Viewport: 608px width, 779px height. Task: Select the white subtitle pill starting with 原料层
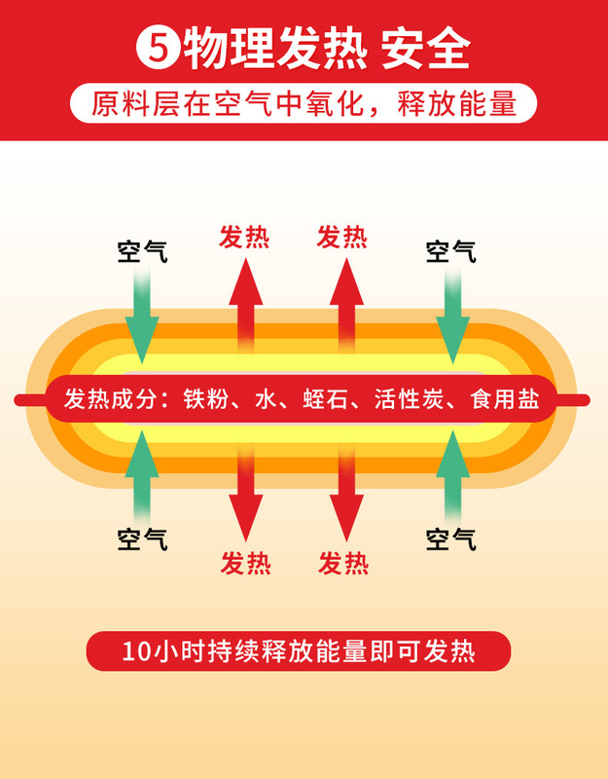(x=304, y=104)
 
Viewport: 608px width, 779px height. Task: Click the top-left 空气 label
(x=142, y=251)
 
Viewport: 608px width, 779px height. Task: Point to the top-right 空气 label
(x=451, y=251)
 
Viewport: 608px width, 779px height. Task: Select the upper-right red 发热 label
(x=342, y=238)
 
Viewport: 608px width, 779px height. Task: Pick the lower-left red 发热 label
(x=246, y=563)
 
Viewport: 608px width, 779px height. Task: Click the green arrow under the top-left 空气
(x=142, y=316)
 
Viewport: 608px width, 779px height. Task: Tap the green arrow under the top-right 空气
(x=451, y=316)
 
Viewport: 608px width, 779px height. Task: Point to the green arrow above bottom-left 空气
(x=142, y=472)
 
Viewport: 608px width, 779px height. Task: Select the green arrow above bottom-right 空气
(x=451, y=472)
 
